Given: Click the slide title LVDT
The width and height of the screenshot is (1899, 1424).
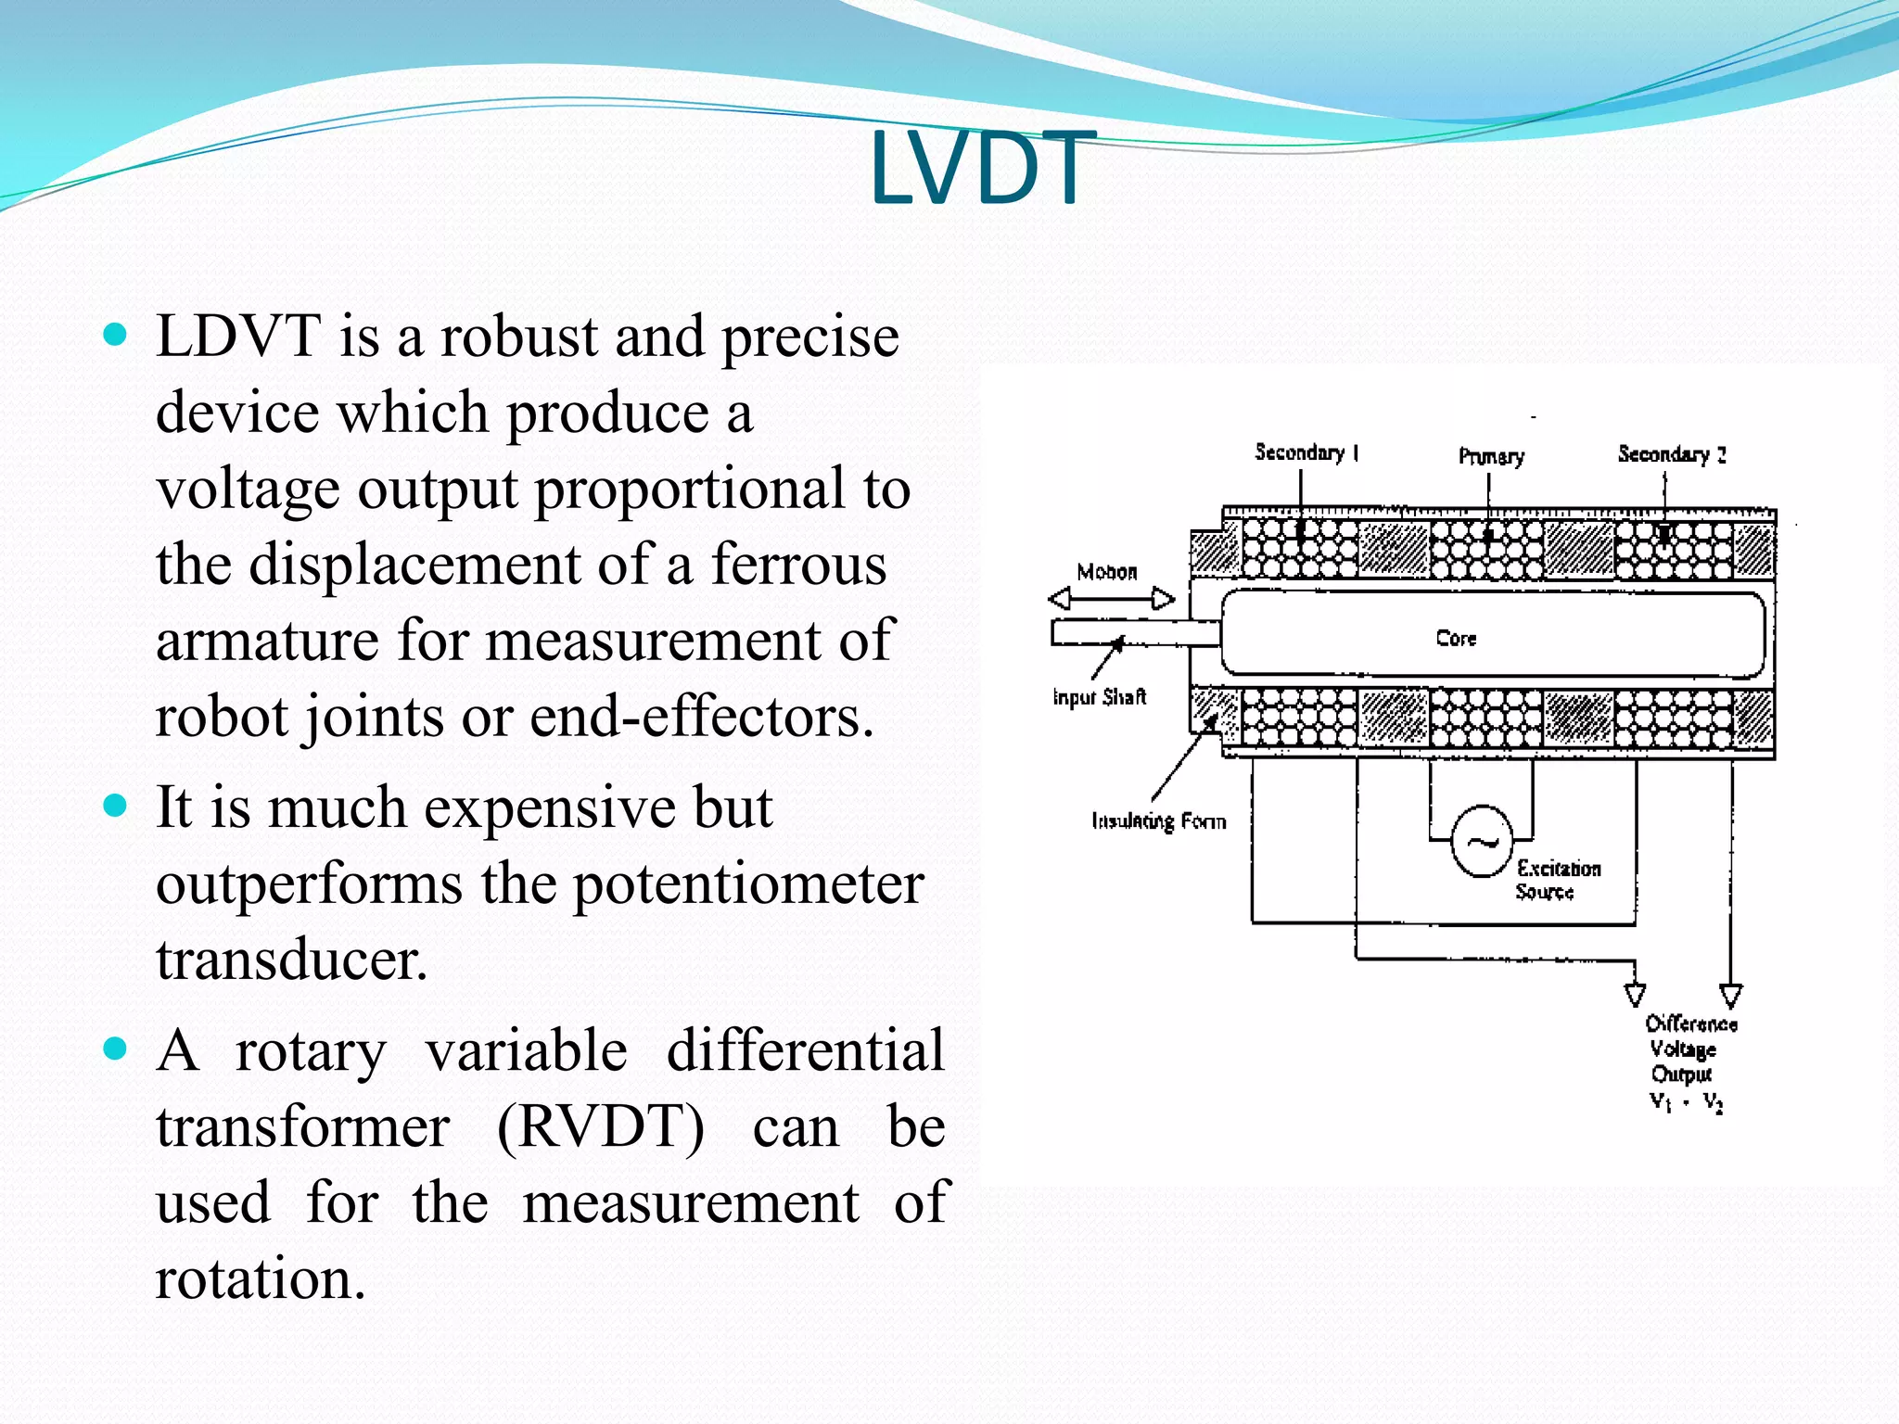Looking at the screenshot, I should (x=977, y=169).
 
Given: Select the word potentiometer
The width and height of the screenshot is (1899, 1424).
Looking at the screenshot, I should (x=748, y=884).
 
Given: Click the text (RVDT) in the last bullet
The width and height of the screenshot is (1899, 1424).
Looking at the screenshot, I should (x=601, y=1127).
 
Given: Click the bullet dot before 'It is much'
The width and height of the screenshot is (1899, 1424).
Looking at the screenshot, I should (x=115, y=806).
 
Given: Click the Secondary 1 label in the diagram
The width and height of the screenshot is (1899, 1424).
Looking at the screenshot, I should (x=1306, y=452).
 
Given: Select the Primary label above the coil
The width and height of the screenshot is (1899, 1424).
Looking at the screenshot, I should (x=1491, y=456).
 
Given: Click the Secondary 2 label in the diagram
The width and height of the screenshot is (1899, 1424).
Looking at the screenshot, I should (x=1671, y=454).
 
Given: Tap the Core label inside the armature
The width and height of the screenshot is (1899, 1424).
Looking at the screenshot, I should (x=1456, y=638).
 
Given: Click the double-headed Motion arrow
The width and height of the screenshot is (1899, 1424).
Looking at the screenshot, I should (x=1111, y=599).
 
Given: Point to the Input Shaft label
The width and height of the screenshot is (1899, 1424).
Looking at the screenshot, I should (x=1099, y=697).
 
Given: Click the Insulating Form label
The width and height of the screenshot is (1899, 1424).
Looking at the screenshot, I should (x=1158, y=820).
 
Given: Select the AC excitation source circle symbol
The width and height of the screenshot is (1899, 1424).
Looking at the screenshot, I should (x=1481, y=842).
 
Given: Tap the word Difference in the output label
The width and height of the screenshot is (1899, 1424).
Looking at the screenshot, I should (x=1690, y=1024).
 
